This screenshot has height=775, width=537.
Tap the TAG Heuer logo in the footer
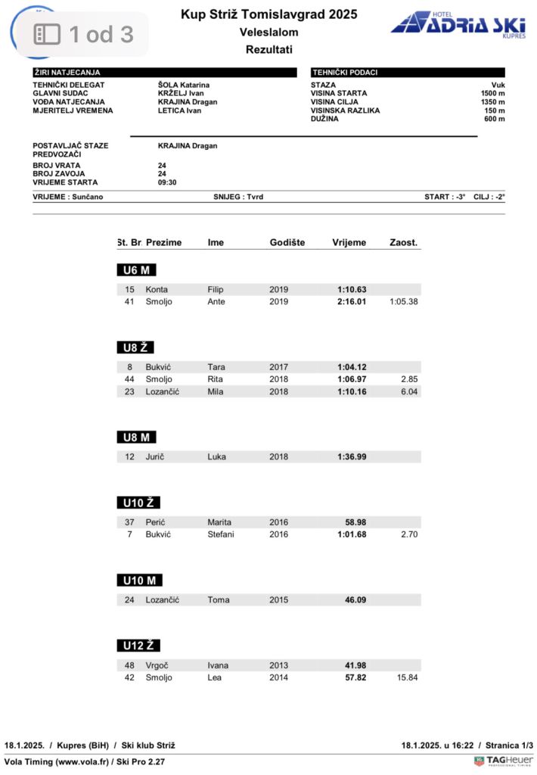click(x=503, y=761)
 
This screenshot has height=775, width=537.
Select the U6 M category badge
click(x=136, y=270)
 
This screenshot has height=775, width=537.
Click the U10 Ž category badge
click(x=138, y=503)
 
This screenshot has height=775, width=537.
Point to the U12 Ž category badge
click(x=138, y=646)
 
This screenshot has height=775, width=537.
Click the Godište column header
click(x=287, y=243)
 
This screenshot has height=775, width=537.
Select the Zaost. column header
click(x=403, y=243)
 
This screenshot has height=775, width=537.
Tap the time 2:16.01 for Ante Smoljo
click(x=352, y=302)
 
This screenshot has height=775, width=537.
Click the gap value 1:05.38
click(x=403, y=302)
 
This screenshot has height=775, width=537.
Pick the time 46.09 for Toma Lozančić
click(x=355, y=599)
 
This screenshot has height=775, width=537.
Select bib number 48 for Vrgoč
click(x=129, y=666)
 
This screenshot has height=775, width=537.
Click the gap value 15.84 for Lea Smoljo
click(x=407, y=677)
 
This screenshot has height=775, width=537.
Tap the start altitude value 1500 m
click(x=492, y=94)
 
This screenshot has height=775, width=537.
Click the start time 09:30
click(x=168, y=182)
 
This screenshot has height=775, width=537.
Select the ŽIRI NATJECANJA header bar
click(x=164, y=73)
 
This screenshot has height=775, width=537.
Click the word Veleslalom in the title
click(x=268, y=33)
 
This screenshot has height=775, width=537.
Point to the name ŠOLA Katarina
click(x=184, y=86)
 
